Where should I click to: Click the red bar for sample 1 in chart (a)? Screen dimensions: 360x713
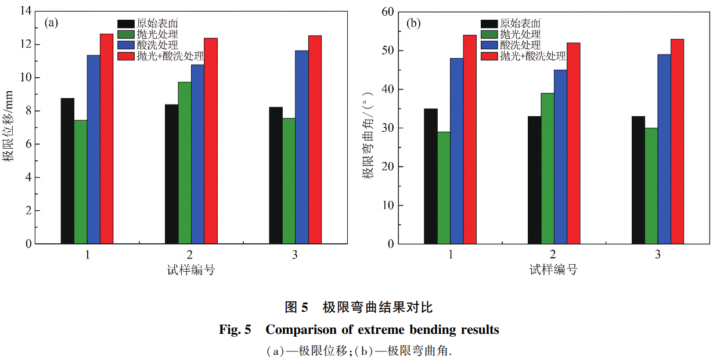[x=106, y=139]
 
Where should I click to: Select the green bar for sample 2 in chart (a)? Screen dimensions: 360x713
[x=185, y=163]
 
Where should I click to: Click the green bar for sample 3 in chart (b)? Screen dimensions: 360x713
[x=651, y=186]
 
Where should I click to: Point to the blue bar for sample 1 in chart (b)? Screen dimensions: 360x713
[x=456, y=151]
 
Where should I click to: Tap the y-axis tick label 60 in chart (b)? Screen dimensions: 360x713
[x=388, y=12]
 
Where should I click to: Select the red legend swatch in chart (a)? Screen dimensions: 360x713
[x=126, y=56]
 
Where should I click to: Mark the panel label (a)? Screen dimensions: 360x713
[x=52, y=23]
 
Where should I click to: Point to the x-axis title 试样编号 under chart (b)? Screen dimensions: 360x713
[x=553, y=269]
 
